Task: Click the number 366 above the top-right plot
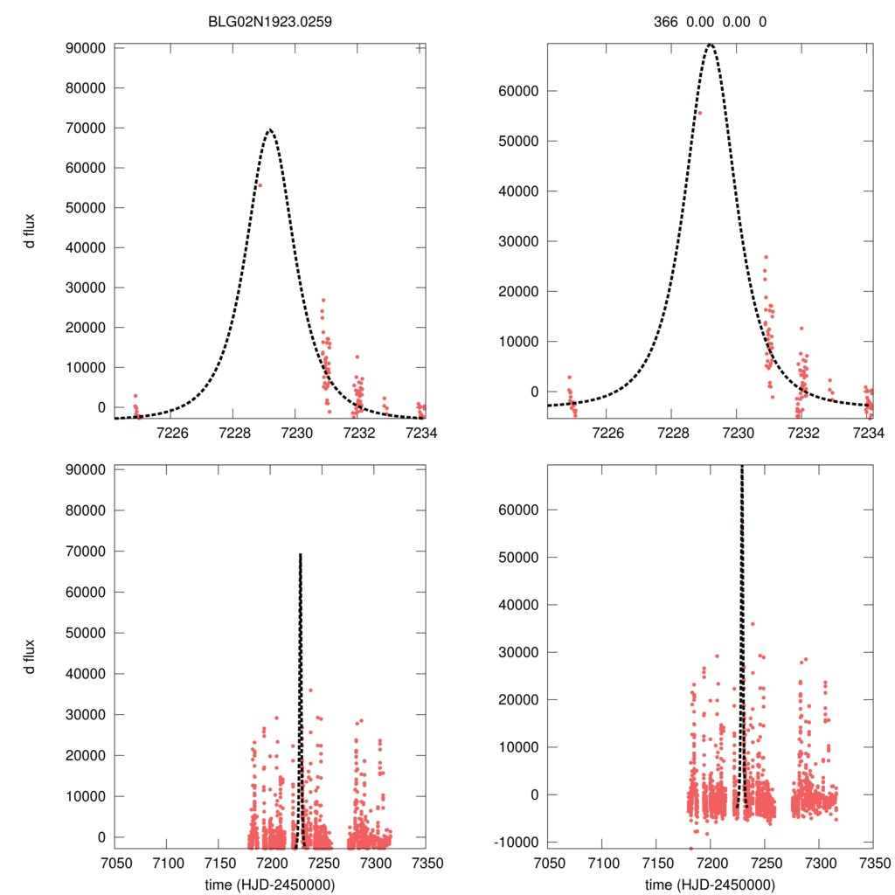(666, 21)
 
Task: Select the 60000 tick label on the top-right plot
(516, 91)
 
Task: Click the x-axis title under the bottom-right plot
(710, 884)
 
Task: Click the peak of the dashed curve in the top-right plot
(711, 44)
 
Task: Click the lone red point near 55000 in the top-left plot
(260, 185)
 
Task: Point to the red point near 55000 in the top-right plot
(699, 113)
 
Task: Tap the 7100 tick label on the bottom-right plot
(601, 863)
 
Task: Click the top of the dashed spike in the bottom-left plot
(301, 554)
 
